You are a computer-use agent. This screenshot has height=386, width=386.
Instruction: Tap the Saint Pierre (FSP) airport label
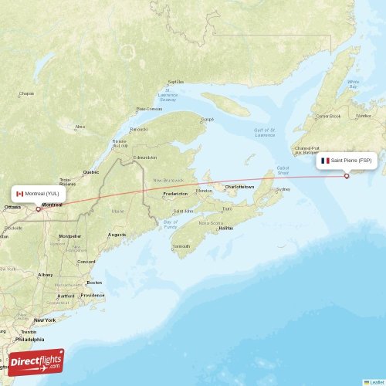click(x=351, y=161)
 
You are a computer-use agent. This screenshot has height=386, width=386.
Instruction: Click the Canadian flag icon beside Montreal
click(x=20, y=193)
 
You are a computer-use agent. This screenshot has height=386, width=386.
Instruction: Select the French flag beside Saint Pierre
click(x=326, y=161)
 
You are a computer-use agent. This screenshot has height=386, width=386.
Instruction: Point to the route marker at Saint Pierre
click(x=347, y=176)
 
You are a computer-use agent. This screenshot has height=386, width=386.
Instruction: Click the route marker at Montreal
click(x=38, y=208)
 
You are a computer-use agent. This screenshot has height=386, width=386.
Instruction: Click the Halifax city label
click(x=226, y=229)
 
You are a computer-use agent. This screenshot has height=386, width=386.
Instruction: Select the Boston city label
click(x=94, y=283)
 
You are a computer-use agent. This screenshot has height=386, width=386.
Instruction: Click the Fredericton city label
click(x=175, y=194)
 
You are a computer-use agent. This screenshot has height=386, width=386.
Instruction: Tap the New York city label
click(x=45, y=320)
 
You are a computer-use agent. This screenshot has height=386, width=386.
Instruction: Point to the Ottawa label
click(x=13, y=208)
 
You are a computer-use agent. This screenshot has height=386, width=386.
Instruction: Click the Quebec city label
click(x=91, y=171)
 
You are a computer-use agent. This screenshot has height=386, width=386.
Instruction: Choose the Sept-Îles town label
click(x=176, y=81)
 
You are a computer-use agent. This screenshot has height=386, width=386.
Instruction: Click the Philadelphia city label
click(x=30, y=338)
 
